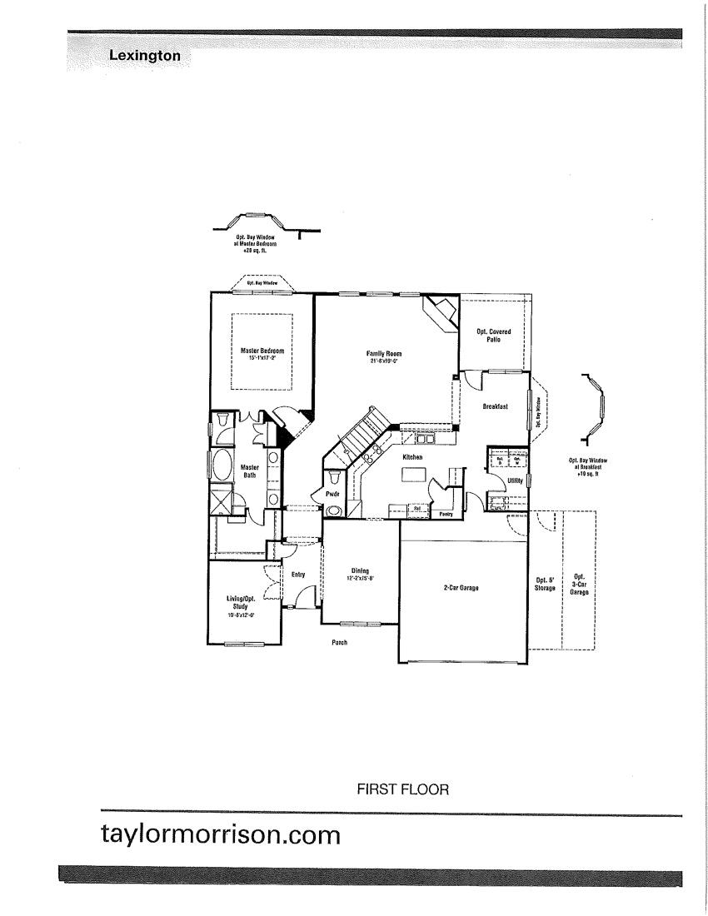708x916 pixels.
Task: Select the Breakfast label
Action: (495, 406)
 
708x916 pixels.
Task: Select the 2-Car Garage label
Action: (461, 588)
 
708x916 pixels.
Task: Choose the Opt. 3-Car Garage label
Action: (580, 582)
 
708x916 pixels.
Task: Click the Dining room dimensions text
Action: (361, 578)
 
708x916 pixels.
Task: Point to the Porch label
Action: (338, 643)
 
